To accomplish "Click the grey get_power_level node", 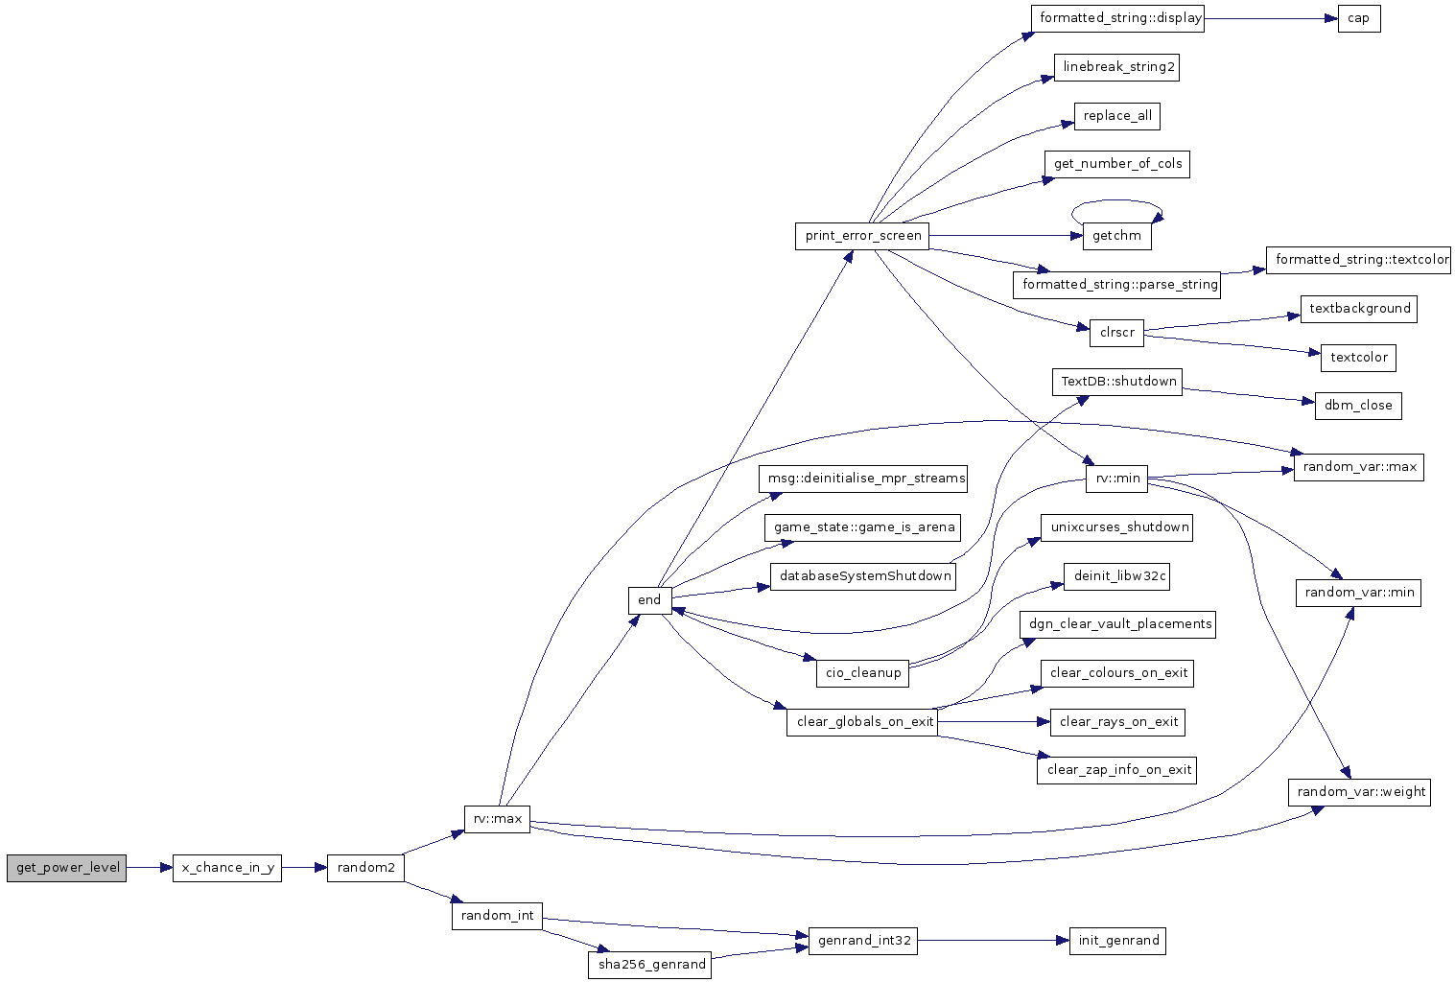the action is (66, 868).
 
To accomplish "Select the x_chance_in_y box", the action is (227, 868).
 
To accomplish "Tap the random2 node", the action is (365, 868).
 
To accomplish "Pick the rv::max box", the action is (498, 819).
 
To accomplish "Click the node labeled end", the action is (649, 600).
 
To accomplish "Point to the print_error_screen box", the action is (862, 236).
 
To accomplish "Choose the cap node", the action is (1359, 19).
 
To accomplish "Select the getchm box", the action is (1117, 236).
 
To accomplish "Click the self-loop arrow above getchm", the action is (1116, 200).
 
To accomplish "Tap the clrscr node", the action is (1116, 333).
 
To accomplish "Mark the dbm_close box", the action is (1358, 406).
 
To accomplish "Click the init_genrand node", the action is (1118, 941).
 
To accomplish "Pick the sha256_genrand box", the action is (649, 965).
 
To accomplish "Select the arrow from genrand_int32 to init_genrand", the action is (994, 941).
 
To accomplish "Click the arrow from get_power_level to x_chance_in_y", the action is (150, 868).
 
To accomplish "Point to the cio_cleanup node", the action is (862, 673).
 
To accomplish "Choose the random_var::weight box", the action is (1359, 792).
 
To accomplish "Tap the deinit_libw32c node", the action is (1116, 576).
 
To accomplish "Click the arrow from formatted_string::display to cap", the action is (1271, 19).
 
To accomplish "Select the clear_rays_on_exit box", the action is (1117, 722).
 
